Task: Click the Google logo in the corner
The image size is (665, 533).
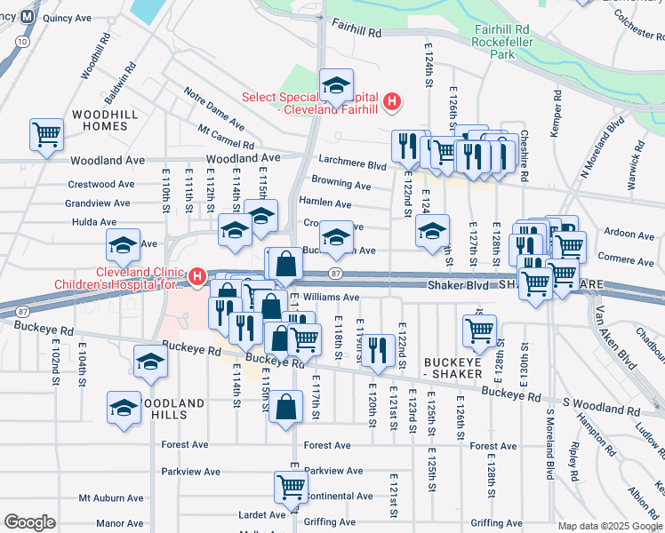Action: (29, 522)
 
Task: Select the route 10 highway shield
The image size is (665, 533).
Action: (21, 41)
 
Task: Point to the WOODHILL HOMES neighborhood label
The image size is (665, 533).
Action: (112, 121)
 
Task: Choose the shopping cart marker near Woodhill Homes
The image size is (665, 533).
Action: (46, 134)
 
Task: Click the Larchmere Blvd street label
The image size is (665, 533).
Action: (352, 164)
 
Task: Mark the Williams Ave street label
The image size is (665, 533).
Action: (330, 298)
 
